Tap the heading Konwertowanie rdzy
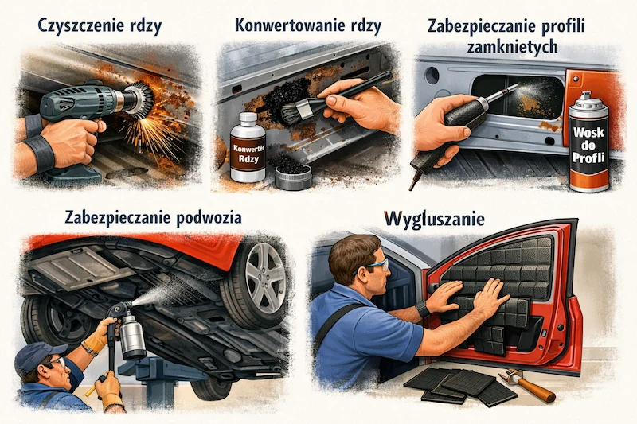(x=308, y=25)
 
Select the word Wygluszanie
(x=438, y=216)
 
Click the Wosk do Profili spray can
(x=589, y=143)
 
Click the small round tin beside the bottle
(x=292, y=172)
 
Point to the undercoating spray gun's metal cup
(x=132, y=333)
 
